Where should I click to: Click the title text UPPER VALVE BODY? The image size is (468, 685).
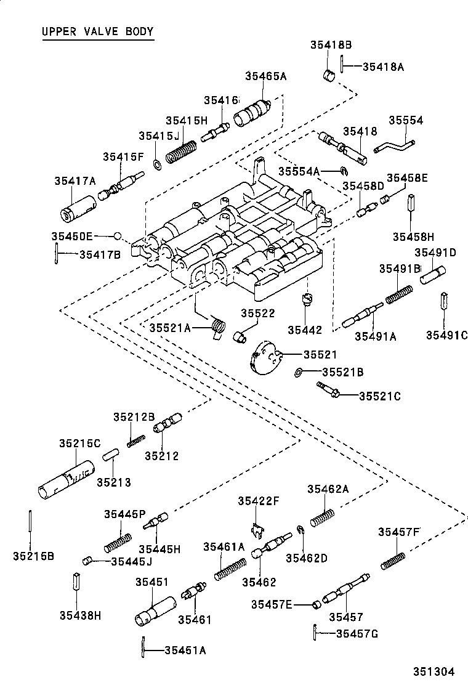pos(98,31)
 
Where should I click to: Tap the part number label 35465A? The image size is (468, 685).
pos(265,76)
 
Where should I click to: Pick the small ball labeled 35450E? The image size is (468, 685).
pos(116,237)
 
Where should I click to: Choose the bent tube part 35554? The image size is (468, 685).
pos(394,146)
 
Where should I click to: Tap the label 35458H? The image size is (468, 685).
pos(413,237)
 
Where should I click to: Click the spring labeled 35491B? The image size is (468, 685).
pos(399,294)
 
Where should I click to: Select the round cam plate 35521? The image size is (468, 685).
pos(266,357)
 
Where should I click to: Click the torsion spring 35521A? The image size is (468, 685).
pos(218,327)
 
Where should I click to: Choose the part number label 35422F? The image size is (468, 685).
pos(258,501)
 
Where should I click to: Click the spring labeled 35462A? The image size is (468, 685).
pos(323,517)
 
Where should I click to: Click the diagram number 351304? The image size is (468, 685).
pos(434,671)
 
